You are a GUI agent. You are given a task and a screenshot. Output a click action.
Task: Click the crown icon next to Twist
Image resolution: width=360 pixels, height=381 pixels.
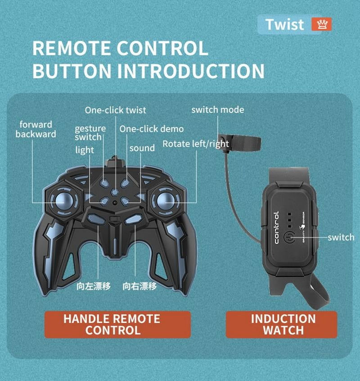click(x=321, y=24)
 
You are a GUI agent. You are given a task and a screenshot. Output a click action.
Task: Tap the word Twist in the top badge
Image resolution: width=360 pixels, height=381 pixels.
click(x=285, y=24)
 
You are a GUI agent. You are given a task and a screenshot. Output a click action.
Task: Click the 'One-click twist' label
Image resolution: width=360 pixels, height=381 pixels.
click(x=116, y=110)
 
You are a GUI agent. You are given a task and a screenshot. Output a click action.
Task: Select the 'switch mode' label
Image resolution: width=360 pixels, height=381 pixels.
click(x=218, y=109)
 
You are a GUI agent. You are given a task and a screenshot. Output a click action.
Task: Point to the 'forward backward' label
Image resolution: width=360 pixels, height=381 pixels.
click(x=36, y=129)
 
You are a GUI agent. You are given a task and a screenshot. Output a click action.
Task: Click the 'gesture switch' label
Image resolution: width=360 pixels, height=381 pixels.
click(x=90, y=133)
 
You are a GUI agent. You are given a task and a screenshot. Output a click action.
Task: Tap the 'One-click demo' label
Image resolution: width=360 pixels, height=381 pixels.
click(x=152, y=129)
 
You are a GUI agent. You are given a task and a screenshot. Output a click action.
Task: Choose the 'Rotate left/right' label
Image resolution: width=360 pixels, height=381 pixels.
click(x=196, y=144)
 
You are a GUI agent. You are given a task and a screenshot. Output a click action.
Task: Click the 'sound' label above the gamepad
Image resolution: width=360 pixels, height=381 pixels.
click(x=142, y=148)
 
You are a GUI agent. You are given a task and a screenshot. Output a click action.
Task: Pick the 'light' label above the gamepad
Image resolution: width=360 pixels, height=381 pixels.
click(x=85, y=150)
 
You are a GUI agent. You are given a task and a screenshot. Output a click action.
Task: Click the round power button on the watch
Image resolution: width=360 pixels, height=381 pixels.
click(x=290, y=237)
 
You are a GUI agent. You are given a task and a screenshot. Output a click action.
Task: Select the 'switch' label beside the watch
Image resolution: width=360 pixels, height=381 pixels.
click(x=341, y=237)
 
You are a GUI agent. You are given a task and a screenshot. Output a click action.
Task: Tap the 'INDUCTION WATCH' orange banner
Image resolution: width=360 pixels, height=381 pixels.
click(x=283, y=324)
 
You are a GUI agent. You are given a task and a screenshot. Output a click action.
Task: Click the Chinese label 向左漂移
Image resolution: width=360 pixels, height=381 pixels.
click(x=94, y=287)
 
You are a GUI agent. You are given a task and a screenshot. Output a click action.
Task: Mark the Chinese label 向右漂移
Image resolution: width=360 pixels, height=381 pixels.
click(x=140, y=287)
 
